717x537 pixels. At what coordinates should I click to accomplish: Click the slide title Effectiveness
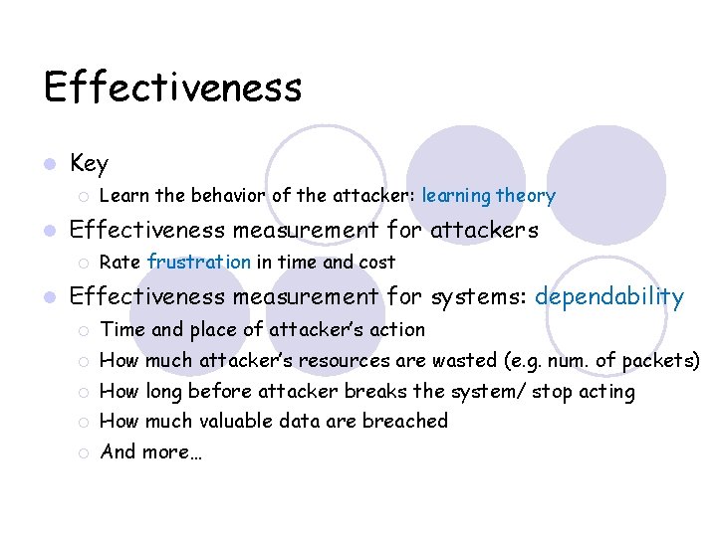172,88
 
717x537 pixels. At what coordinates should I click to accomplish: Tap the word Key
90,163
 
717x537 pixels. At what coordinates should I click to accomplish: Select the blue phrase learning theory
489,196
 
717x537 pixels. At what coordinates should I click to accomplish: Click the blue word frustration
199,263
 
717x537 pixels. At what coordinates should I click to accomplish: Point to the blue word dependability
609,296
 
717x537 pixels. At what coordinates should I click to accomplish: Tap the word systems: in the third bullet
478,296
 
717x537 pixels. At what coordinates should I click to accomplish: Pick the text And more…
151,451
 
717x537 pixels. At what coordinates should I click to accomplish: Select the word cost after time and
376,263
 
